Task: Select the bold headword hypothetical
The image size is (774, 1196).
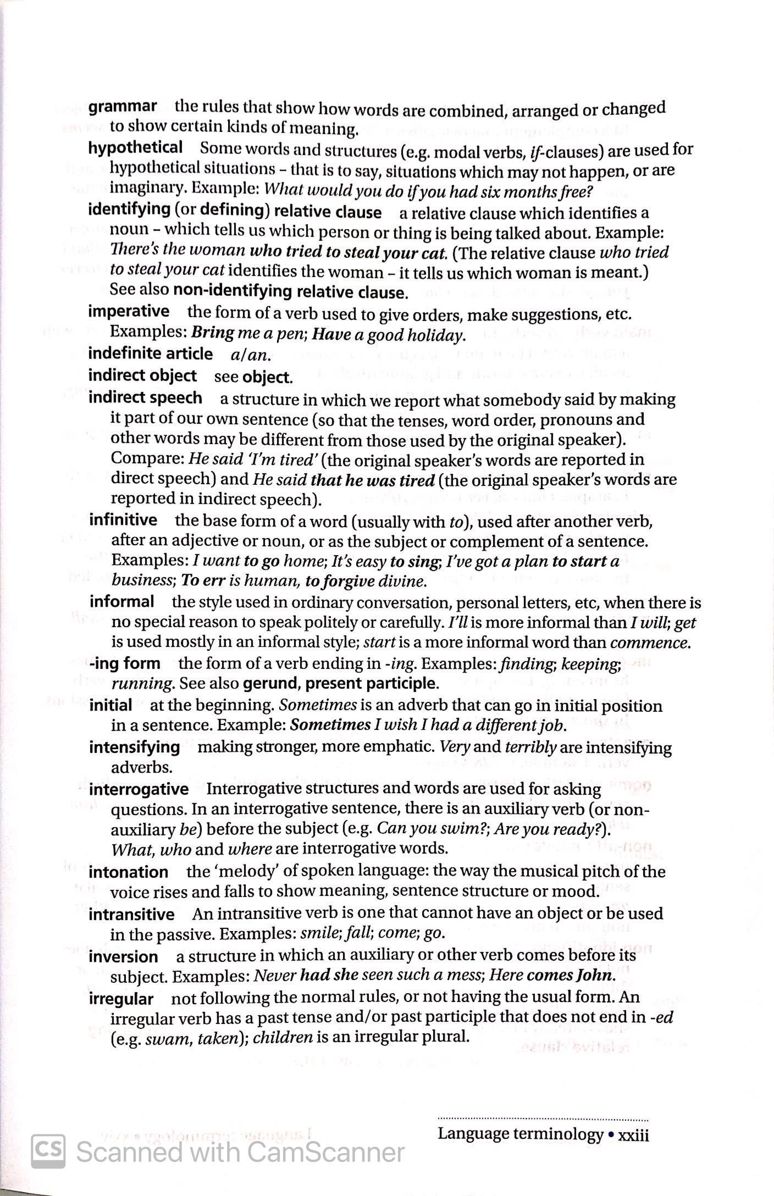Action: [135, 147]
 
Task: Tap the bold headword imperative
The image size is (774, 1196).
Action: [129, 311]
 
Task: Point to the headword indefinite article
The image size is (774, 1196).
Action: [150, 353]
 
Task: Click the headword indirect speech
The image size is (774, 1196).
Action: [145, 397]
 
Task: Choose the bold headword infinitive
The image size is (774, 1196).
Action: [123, 519]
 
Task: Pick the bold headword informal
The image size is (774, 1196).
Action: [121, 601]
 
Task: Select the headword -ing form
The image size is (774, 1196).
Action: [125, 663]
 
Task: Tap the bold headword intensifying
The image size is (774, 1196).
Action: [134, 747]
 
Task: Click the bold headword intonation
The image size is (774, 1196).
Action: [129, 872]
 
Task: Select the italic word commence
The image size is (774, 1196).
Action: [650, 643]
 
